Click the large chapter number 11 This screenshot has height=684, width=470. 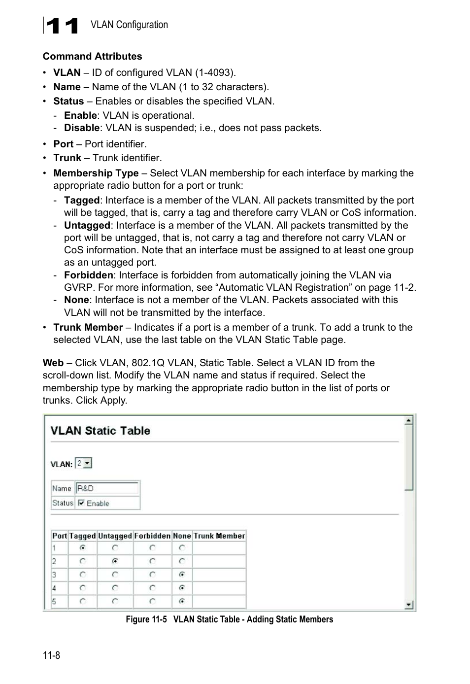click(x=61, y=26)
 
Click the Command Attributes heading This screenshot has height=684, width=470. click(x=92, y=56)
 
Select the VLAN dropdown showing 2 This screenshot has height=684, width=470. click(x=84, y=463)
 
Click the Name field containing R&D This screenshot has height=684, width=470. click(x=107, y=488)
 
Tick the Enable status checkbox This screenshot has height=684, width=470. click(x=82, y=503)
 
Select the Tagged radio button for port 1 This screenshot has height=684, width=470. click(x=83, y=547)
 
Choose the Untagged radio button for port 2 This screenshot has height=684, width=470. click(x=115, y=561)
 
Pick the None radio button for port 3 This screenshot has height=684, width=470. click(x=182, y=574)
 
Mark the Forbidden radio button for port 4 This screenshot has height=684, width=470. click(x=153, y=587)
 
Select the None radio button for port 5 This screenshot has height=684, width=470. click(x=182, y=601)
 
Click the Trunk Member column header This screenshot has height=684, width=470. click(x=219, y=536)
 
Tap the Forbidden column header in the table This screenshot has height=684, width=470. click(x=152, y=536)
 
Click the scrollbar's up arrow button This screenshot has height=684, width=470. click(x=408, y=420)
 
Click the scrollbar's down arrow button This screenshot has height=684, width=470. click(x=408, y=605)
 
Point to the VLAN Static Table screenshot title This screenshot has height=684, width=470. click(x=101, y=431)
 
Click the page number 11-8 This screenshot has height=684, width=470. click(x=51, y=655)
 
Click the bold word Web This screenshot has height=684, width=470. click(x=53, y=363)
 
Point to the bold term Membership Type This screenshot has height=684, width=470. click(x=96, y=173)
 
